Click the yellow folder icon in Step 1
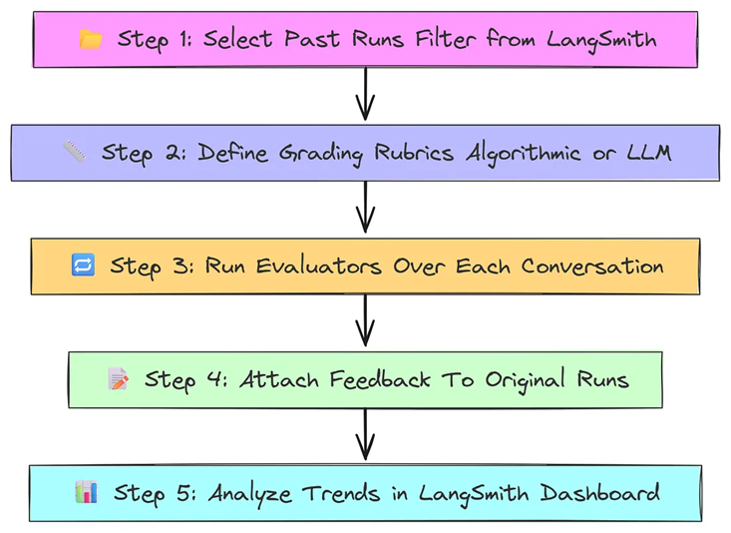pyautogui.click(x=91, y=39)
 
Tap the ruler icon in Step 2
pyautogui.click(x=75, y=152)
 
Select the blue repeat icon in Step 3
pyautogui.click(x=83, y=265)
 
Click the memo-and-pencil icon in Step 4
pyautogui.click(x=119, y=378)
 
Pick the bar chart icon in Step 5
pyautogui.click(x=87, y=492)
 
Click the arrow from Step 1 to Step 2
pyautogui.click(x=365, y=94)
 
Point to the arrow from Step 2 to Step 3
pyautogui.click(x=365, y=207)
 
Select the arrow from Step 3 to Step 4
pyautogui.click(x=365, y=320)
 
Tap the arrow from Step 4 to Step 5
pyautogui.click(x=365, y=434)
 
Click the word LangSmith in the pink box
pyautogui.click(x=601, y=40)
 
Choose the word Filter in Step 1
pyautogui.click(x=445, y=38)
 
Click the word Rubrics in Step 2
pyautogui.click(x=414, y=152)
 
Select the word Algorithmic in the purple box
pyautogui.click(x=524, y=154)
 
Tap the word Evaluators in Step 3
pyautogui.click(x=319, y=266)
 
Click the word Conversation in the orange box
pyautogui.click(x=592, y=266)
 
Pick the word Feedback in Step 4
pyautogui.click(x=380, y=379)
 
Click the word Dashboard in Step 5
pyautogui.click(x=599, y=493)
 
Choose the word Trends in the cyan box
pyautogui.click(x=341, y=493)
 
